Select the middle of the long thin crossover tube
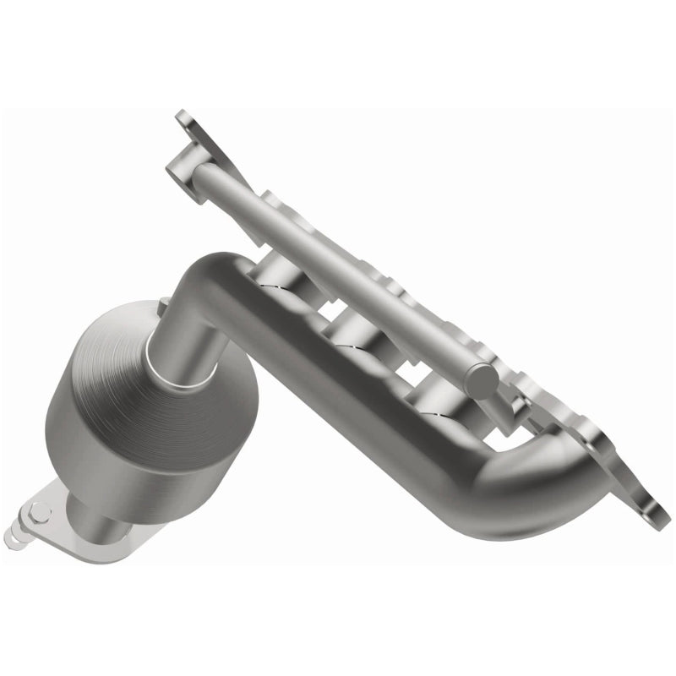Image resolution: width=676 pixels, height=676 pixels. click(338, 253)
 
